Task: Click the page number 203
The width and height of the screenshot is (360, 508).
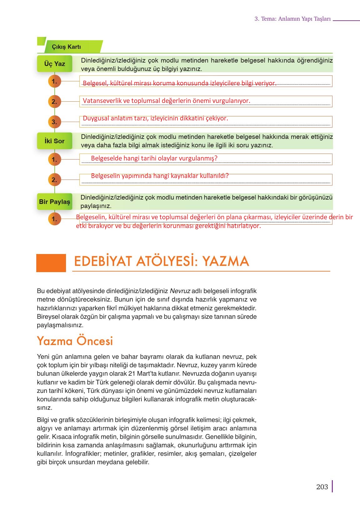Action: point(322,487)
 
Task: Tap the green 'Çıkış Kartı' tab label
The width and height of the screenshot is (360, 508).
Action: point(66,47)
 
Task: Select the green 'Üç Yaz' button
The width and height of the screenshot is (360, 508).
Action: point(54,64)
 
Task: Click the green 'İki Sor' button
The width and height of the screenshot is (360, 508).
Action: point(54,141)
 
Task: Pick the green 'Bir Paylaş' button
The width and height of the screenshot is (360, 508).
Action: point(54,202)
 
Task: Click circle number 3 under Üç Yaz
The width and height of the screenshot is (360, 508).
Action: point(54,122)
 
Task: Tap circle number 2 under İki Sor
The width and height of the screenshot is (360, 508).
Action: point(54,180)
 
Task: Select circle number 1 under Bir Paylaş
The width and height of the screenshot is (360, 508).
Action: point(54,219)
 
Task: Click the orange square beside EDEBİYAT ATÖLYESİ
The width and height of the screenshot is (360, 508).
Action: point(51,263)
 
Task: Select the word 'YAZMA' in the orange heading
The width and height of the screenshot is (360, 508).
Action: point(226,262)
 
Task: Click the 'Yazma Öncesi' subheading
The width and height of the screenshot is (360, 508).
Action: point(75,341)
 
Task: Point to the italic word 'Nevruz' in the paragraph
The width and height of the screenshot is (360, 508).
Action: point(180,291)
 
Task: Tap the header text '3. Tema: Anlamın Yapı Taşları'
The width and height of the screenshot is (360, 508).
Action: point(292,19)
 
